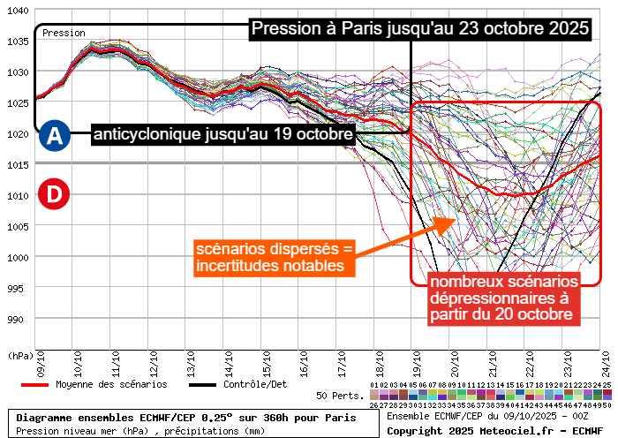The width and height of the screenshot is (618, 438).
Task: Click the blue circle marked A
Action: (55, 136)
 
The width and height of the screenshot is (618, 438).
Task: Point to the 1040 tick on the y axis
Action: (18, 11)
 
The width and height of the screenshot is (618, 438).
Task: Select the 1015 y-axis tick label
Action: (18, 165)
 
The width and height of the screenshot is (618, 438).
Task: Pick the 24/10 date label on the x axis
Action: (606, 362)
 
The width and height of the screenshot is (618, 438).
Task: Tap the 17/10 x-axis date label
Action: (340, 362)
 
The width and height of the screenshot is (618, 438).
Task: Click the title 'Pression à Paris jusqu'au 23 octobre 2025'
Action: (419, 28)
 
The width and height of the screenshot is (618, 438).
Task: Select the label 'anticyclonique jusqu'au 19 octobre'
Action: (223, 135)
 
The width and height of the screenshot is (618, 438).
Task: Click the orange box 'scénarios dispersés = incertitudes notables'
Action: (273, 257)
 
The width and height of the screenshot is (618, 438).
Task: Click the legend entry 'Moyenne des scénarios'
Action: (98, 384)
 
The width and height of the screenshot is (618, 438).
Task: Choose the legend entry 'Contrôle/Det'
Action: (248, 384)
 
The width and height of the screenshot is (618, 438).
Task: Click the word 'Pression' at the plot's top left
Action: (64, 33)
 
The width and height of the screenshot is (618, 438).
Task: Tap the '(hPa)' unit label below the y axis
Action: (19, 355)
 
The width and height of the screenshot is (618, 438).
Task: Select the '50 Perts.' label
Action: (340, 396)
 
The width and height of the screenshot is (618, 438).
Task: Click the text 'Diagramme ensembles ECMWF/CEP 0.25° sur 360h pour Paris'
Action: (186, 417)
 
